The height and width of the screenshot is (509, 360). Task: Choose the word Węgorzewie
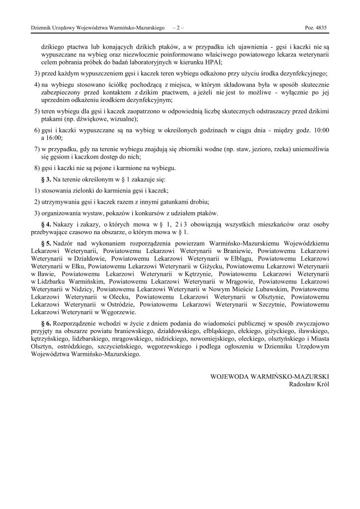[x=116, y=312]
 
